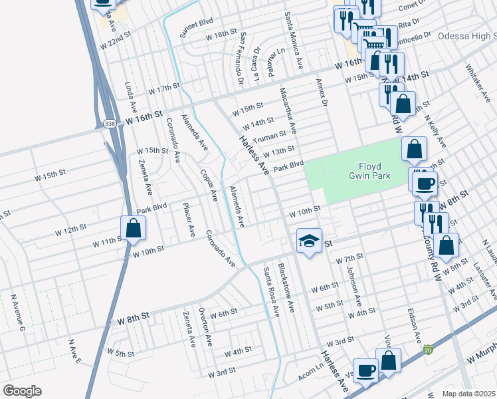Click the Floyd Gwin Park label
point(370,171)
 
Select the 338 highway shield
point(110,123)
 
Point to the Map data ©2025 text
point(469,394)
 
